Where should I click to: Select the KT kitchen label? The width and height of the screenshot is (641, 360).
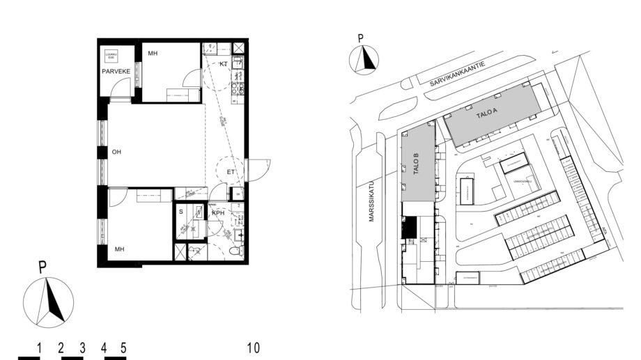[224, 64]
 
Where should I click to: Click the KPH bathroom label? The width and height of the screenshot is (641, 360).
[219, 213]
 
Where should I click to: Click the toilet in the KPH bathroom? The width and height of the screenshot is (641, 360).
[235, 250]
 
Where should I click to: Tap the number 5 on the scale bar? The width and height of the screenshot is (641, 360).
[123, 347]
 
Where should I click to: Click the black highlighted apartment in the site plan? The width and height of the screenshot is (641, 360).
[410, 227]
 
